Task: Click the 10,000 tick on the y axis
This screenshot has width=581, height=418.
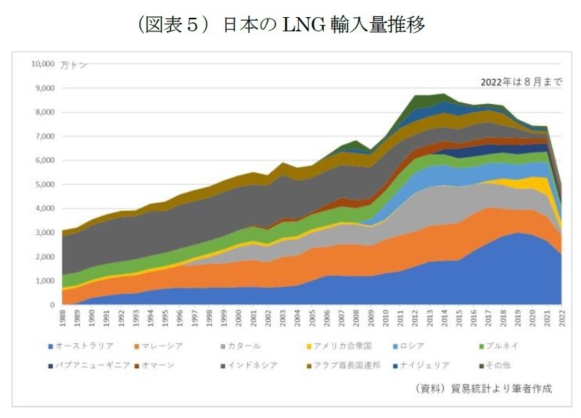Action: [43, 64]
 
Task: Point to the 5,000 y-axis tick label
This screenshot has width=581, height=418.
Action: [45, 184]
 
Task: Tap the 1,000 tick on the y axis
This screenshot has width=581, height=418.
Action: [45, 281]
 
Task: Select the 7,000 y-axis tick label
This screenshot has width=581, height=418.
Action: [45, 136]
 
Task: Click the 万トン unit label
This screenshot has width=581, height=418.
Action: [74, 65]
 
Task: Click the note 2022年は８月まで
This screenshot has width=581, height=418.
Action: [521, 82]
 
